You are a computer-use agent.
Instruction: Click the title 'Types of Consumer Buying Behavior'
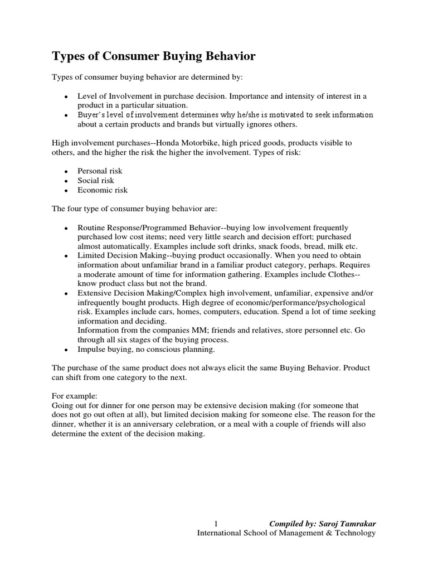154,56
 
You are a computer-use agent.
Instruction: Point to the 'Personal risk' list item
100,171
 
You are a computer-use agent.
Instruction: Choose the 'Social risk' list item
96,180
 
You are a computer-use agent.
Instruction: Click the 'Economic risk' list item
103,190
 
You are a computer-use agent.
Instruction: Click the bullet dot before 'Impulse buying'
66,350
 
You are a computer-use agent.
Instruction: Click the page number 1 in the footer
215,524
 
